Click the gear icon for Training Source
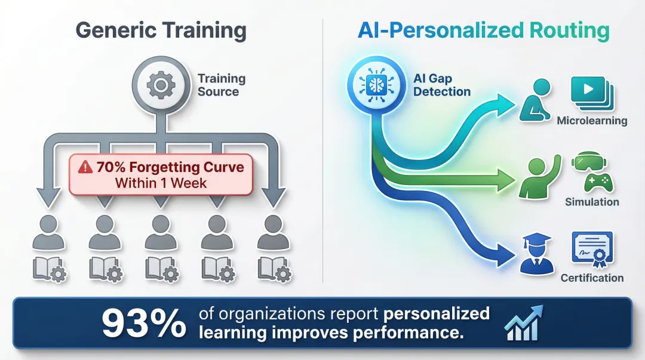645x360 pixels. click(161, 85)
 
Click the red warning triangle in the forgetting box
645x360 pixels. click(85, 167)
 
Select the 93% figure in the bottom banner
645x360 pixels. click(143, 324)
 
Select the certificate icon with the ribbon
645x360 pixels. click(592, 249)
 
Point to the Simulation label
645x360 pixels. click(592, 202)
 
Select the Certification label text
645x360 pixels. click(592, 278)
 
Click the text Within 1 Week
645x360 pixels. click(161, 183)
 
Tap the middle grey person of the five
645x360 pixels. click(161, 233)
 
